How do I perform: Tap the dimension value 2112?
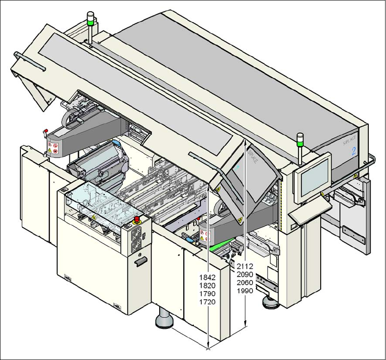[x=245, y=266]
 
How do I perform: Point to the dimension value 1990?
[x=245, y=291]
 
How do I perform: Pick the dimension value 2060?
[x=245, y=282]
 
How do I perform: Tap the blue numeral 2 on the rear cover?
[x=353, y=152]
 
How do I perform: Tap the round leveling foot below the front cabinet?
[x=164, y=321]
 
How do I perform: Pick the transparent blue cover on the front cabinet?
[x=98, y=204]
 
